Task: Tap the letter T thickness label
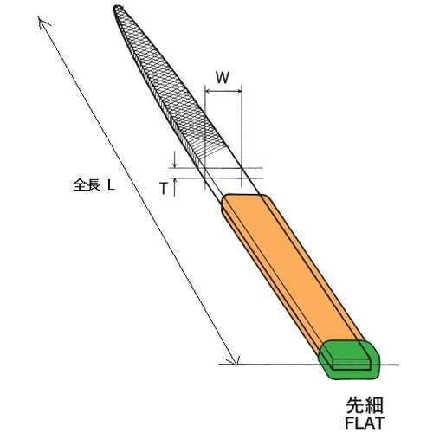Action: (x=163, y=187)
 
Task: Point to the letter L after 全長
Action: (x=111, y=184)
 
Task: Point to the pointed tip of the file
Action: (x=116, y=10)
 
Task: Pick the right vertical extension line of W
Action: (x=241, y=130)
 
